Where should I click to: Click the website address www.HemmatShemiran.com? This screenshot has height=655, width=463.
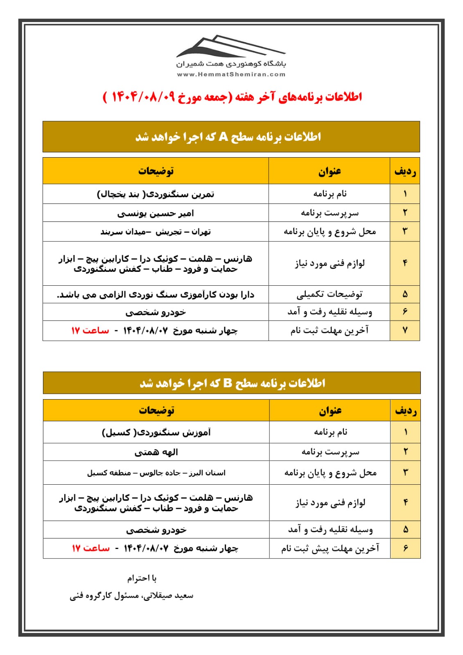231,75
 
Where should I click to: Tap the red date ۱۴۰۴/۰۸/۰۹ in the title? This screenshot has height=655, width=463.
143,97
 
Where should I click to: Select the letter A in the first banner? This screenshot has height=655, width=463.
223,137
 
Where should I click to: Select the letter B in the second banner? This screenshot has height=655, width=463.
228,384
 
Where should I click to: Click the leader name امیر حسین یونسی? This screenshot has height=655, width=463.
156,213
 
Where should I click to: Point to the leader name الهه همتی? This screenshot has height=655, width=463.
156,452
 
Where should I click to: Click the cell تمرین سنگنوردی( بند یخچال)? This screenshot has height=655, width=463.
156,194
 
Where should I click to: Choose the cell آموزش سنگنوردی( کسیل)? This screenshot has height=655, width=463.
156,432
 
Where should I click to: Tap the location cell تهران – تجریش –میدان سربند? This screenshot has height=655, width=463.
156,232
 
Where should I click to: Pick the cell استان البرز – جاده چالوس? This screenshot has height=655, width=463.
156,473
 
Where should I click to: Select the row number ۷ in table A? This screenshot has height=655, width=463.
405,330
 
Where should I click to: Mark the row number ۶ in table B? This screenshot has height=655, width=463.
405,548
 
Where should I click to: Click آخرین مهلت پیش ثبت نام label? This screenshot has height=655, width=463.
330,548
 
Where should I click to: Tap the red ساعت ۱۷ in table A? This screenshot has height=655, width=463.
90,330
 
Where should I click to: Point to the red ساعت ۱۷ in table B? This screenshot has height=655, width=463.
90,548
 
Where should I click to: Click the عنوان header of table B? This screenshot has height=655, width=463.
330,410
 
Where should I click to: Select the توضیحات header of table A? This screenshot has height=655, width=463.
156,171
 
